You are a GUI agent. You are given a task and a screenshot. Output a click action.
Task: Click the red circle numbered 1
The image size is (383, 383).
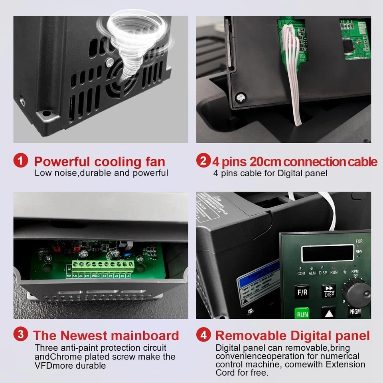click(20, 161)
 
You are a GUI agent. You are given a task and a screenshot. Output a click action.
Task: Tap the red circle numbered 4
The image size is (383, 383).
click(203, 335)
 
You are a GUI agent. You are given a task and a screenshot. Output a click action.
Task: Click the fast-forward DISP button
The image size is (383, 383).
click(329, 291)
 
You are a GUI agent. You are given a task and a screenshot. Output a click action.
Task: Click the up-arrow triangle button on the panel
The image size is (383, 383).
click(329, 312)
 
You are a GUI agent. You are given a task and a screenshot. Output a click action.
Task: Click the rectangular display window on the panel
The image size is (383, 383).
click(327, 253)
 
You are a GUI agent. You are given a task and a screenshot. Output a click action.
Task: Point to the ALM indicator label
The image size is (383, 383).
click(312, 273)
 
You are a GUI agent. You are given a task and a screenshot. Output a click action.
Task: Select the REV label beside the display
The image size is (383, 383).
click(359, 252)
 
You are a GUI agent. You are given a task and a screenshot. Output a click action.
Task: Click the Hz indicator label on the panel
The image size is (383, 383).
click(344, 272)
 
